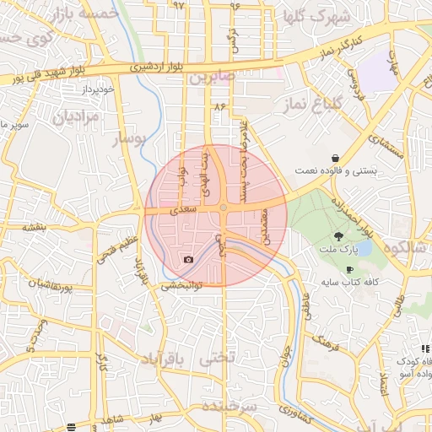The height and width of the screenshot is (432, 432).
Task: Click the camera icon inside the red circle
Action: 188,259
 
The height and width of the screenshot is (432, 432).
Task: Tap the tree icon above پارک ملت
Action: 339,236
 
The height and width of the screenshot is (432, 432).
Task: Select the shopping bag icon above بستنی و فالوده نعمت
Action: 336,158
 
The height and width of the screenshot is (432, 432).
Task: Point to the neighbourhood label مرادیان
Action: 76,116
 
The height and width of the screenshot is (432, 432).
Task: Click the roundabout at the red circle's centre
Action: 223,208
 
